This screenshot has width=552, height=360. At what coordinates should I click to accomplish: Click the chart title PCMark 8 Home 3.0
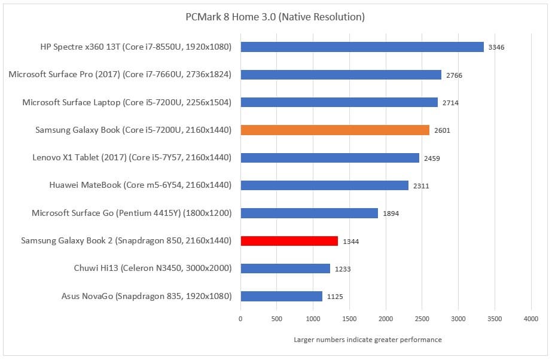(x=275, y=17)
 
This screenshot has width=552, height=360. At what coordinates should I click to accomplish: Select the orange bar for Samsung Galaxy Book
(x=334, y=130)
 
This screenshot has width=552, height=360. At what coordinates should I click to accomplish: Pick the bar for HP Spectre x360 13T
(x=362, y=47)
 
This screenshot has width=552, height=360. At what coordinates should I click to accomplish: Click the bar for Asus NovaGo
(x=281, y=296)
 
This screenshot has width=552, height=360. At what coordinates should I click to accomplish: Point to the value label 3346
(x=496, y=47)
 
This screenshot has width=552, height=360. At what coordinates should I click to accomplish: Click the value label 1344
(x=351, y=242)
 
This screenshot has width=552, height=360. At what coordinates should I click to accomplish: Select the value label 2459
(x=432, y=158)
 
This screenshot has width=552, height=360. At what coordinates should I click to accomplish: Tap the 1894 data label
(x=391, y=213)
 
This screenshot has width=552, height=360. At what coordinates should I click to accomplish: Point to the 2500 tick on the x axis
(x=422, y=319)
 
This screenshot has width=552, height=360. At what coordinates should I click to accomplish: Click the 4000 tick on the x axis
(x=531, y=319)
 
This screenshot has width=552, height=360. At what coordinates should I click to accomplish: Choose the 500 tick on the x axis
(x=277, y=319)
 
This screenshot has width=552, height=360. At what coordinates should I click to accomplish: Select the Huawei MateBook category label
(x=140, y=185)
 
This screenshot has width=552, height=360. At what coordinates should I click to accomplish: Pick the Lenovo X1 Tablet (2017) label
(x=132, y=157)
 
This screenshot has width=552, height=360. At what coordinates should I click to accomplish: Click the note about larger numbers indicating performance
(x=368, y=340)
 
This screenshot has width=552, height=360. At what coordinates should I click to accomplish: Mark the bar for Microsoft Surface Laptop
(x=338, y=102)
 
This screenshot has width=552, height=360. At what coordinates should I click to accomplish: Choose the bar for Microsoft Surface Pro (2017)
(x=340, y=75)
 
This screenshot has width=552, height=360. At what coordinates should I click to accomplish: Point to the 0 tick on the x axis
(x=240, y=319)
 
